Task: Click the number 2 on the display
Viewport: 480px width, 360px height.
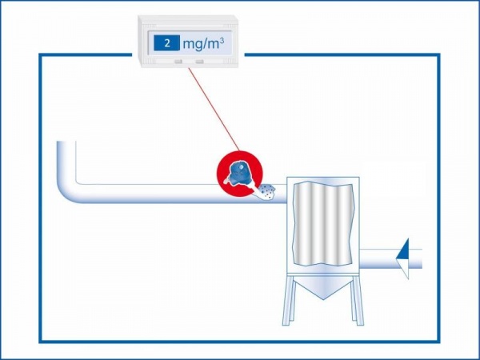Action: click(x=167, y=42)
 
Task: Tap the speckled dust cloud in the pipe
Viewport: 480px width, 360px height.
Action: click(x=266, y=190)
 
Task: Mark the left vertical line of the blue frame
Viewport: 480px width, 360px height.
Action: click(x=41, y=200)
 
